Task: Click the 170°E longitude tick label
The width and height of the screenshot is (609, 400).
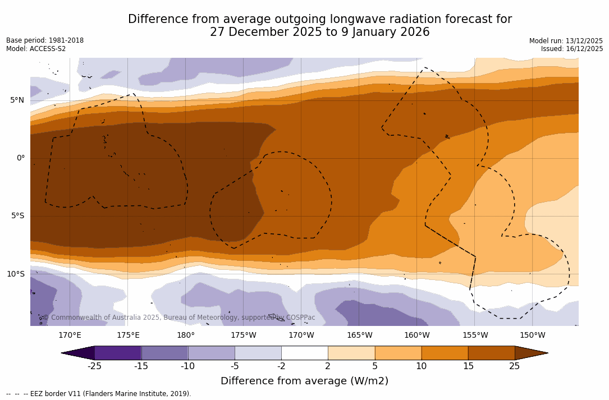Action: point(70,335)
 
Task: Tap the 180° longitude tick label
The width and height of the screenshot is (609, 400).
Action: point(186,335)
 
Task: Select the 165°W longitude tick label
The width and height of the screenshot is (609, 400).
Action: point(359,335)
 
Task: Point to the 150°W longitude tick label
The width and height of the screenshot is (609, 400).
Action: point(533,335)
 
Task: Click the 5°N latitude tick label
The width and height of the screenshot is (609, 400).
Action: point(17,100)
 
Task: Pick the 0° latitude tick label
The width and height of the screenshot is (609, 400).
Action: point(21,158)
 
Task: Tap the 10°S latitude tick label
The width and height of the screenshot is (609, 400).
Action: point(15,274)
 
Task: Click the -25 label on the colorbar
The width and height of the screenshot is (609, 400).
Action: point(94,366)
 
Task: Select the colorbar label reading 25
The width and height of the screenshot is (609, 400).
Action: point(515,366)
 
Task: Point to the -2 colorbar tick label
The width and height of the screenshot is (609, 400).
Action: point(281,366)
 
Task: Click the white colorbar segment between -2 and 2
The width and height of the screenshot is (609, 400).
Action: point(304,353)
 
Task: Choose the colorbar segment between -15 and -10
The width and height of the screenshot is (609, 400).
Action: point(164,353)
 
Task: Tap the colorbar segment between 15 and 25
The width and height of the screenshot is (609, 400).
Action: point(491,353)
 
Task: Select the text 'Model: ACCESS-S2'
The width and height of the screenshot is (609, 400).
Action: point(36,49)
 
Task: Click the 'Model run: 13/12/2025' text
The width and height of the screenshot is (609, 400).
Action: point(566,41)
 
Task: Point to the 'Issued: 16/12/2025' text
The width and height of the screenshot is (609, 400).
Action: point(572,49)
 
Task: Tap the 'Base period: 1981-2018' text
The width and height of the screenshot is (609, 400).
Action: point(45,40)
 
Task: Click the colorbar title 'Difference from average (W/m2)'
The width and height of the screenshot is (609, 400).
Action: point(304,381)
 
